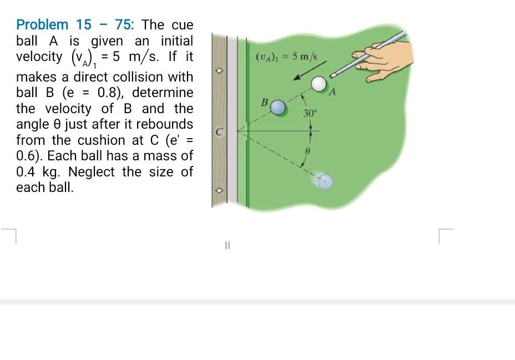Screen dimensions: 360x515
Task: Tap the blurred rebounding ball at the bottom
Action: click(x=326, y=181)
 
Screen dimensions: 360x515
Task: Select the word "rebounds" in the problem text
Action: click(x=166, y=124)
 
